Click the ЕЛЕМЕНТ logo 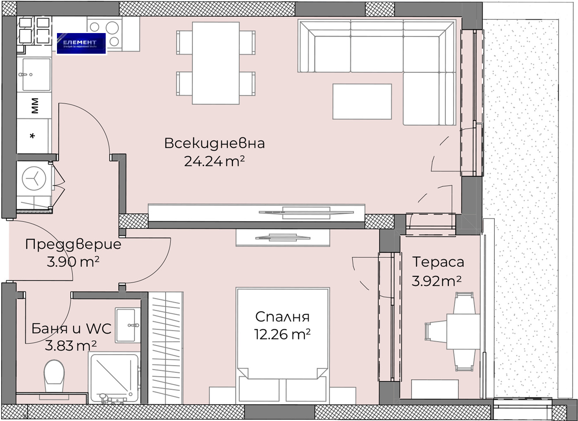81,43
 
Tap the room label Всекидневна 214,143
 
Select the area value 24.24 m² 214,161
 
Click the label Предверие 73,244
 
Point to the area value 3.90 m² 73,262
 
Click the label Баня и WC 71,328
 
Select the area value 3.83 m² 71,345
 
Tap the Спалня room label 282,316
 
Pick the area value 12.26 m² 282,334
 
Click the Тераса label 438,262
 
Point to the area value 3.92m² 436,281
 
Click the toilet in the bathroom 54,375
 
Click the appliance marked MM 35,105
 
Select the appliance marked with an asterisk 33,136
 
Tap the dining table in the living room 216,63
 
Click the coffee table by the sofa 362,102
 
